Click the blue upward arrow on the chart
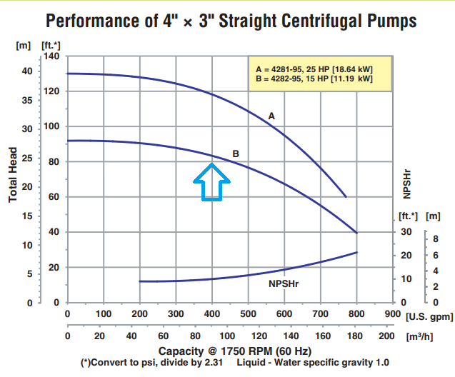(x=211, y=181)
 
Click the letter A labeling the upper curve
(x=271, y=115)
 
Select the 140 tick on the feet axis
(x=50, y=56)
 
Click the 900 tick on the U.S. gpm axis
(x=392, y=313)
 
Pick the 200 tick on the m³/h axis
(x=386, y=336)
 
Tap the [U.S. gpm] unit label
(x=429, y=314)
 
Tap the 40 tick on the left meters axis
(x=26, y=71)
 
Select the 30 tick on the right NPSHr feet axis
(x=406, y=231)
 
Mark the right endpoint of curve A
(x=346, y=196)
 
